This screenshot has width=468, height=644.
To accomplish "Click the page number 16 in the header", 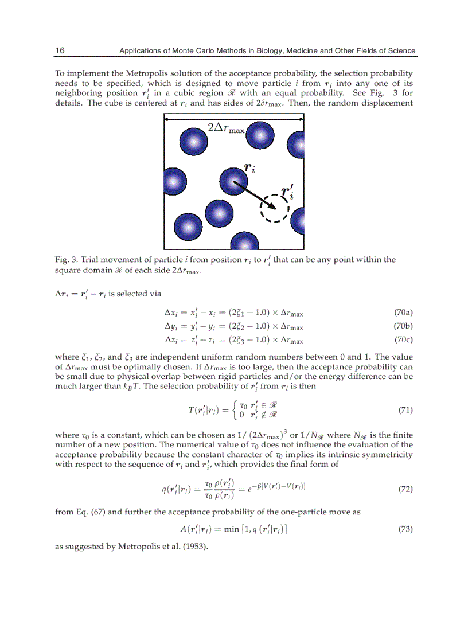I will tap(60, 50).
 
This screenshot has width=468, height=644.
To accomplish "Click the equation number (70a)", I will tap(403, 312).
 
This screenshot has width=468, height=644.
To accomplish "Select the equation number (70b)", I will tap(403, 326).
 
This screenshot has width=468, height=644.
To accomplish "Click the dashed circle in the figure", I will tap(275, 207).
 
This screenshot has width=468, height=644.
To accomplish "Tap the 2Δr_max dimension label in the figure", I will tap(226, 128).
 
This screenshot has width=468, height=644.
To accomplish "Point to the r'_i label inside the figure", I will tap(287, 191).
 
